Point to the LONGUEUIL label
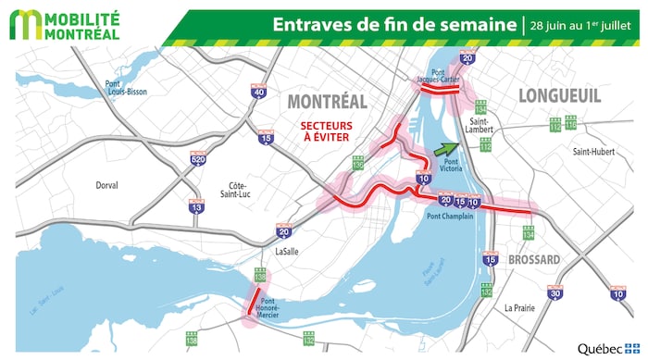tap(560, 95)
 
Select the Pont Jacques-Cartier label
tap(438, 76)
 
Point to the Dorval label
tap(106, 185)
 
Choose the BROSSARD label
tap(533, 260)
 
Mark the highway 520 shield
tap(197, 156)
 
